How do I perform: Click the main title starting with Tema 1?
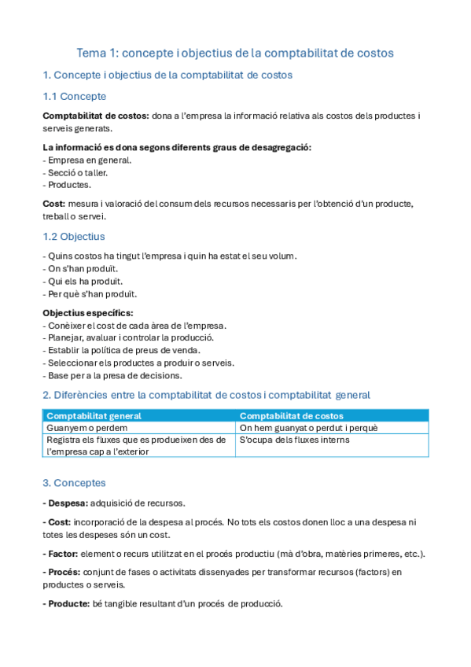[x=235, y=53]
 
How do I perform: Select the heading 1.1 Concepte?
[x=74, y=96]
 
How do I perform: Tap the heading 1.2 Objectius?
[x=73, y=236]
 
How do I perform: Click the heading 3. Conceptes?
[x=74, y=482]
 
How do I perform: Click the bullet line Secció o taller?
[x=75, y=172]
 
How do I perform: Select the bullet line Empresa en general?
[x=87, y=160]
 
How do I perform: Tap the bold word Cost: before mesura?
[x=54, y=204]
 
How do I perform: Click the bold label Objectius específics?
[x=88, y=312]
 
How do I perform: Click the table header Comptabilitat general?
[x=94, y=415]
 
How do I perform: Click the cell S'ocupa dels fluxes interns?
[x=294, y=440]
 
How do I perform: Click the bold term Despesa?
[x=65, y=503]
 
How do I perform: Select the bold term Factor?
[x=62, y=554]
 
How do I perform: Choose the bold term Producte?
[x=68, y=603]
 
